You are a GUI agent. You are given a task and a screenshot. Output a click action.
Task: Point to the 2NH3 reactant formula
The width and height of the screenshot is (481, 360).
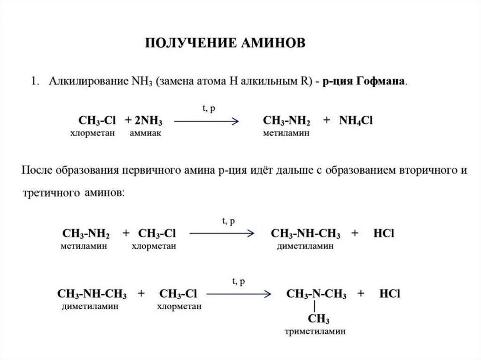click(x=148, y=121)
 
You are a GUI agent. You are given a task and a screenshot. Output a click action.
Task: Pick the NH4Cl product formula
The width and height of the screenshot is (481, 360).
click(x=356, y=121)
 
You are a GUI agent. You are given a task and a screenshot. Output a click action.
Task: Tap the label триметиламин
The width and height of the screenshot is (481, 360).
click(x=315, y=331)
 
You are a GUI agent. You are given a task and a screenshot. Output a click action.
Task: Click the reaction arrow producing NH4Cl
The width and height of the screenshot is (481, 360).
click(x=207, y=121)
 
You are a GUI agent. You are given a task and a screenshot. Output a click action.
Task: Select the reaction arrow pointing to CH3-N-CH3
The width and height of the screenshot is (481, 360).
click(x=239, y=294)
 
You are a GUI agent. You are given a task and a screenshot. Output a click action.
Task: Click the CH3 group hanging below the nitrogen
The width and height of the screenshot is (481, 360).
click(x=318, y=320)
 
